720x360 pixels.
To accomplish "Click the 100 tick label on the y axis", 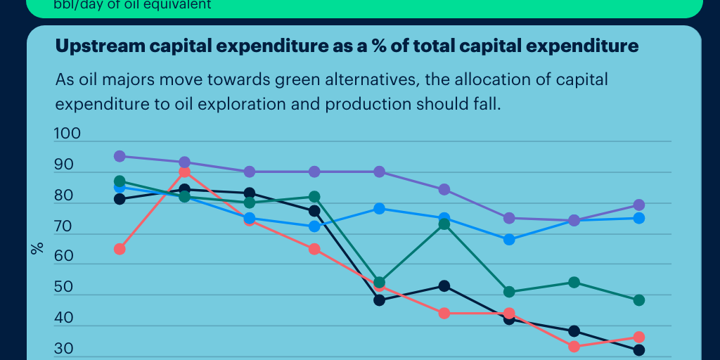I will point(67,133).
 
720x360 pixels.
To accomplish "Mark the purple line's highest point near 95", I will point(120,156).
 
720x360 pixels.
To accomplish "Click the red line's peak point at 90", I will point(184,172).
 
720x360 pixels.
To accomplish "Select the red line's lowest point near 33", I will point(574,347).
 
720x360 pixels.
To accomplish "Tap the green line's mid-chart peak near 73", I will point(444,224).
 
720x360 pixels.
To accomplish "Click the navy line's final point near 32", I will point(639,350).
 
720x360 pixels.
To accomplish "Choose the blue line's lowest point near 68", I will point(509,240).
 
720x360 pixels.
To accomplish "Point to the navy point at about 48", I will point(380,300).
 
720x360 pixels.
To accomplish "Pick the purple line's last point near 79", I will point(639,205).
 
